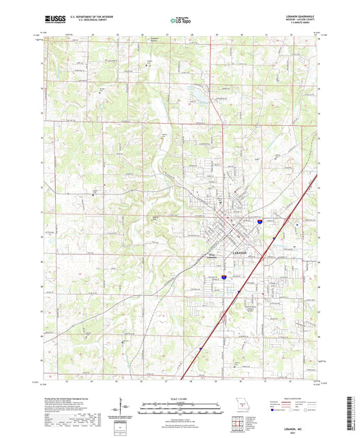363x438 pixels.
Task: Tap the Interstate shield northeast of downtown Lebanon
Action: [x=259, y=221]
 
